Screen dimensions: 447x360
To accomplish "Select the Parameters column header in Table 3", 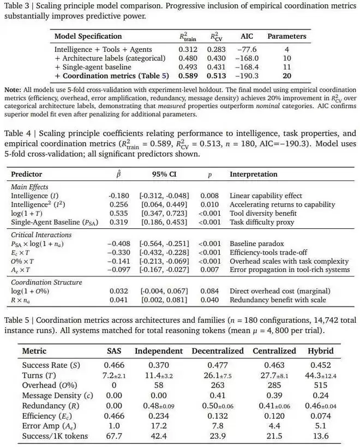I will pos(286,37).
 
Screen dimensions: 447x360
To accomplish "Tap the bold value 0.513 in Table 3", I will pos(219,75).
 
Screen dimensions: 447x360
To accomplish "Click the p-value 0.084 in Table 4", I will pos(209,291).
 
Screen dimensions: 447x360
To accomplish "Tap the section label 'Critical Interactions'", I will pos(43,234).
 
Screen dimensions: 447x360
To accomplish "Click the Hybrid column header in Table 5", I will pos(321,351).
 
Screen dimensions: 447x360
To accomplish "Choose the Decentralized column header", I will pos(216,351).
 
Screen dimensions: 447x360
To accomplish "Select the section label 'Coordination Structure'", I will pos(47,282).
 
